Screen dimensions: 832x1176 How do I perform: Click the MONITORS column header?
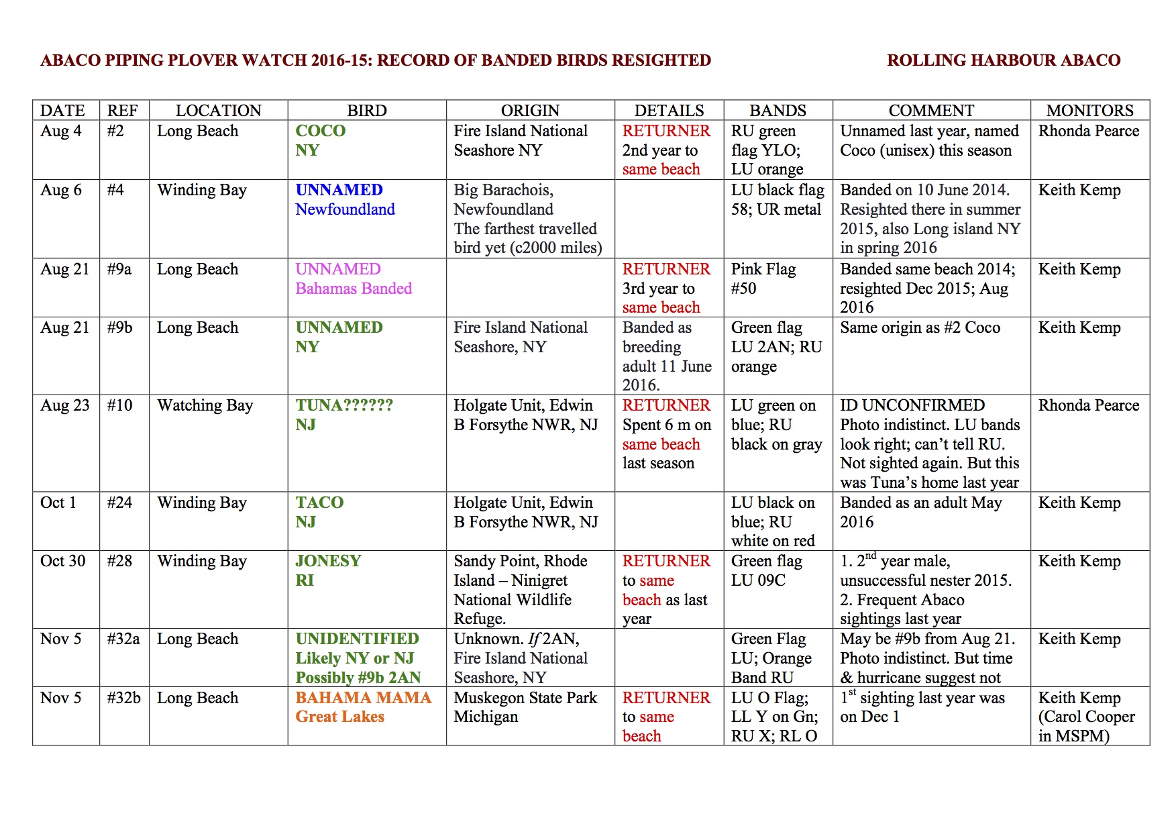click(1089, 111)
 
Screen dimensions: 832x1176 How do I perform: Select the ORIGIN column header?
click(530, 111)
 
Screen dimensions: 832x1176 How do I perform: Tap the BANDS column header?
click(778, 111)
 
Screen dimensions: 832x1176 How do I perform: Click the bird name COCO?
click(321, 131)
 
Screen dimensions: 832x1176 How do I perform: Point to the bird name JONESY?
click(328, 561)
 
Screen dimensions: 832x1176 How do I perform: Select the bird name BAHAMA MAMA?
click(363, 698)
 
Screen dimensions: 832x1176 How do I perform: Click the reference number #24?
click(119, 503)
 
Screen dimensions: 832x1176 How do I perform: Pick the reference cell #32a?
click(123, 639)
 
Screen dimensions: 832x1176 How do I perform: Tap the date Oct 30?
click(63, 561)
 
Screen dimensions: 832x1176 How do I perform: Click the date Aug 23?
click(64, 405)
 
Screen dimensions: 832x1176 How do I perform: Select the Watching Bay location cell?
click(205, 405)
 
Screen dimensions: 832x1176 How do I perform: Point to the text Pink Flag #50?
click(763, 278)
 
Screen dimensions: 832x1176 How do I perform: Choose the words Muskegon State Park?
click(525, 698)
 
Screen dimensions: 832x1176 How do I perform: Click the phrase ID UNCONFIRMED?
click(912, 405)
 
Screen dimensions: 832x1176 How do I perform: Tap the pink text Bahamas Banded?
click(354, 289)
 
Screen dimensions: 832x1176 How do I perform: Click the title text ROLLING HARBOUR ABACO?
click(1003, 60)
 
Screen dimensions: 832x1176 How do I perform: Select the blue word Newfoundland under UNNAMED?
click(345, 209)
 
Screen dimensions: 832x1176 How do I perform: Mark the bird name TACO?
click(319, 503)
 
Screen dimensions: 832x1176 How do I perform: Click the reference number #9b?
click(119, 327)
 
